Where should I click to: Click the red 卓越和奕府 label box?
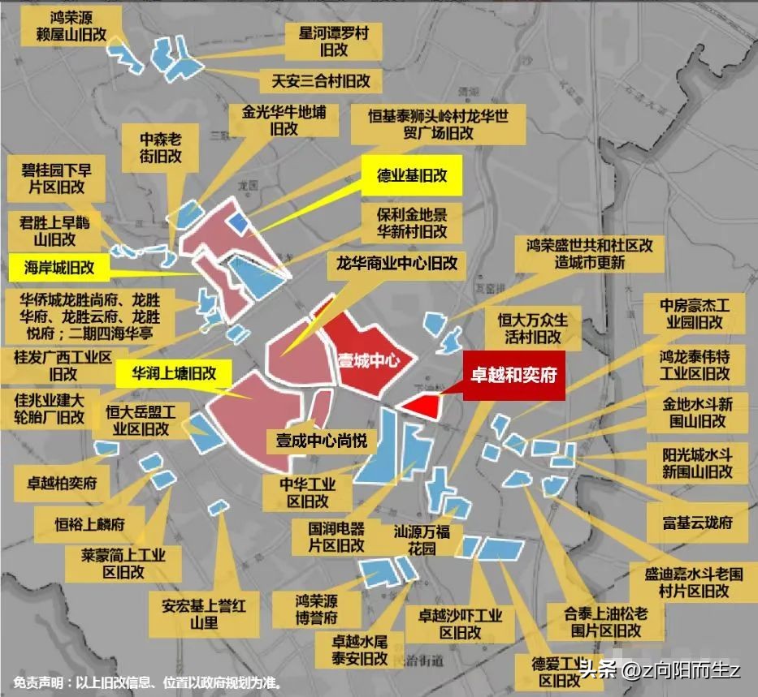click(x=513, y=376)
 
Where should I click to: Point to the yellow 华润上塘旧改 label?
click(x=173, y=374)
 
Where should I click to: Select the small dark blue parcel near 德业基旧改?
click(x=239, y=221)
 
